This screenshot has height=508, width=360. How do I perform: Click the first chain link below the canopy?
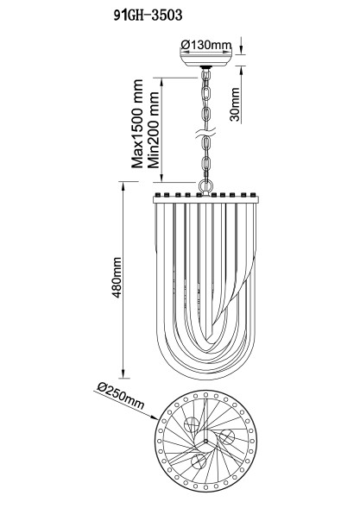(x=207, y=79)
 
